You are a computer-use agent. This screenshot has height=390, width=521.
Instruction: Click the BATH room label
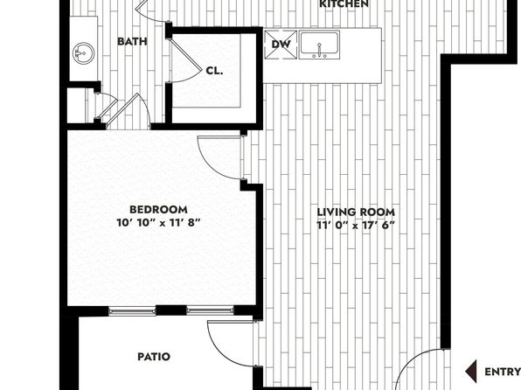pyautogui.click(x=132, y=42)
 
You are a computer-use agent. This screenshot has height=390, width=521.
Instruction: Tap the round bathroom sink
pyautogui.click(x=83, y=53)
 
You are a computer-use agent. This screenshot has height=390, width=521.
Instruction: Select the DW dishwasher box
pyautogui.click(x=281, y=45)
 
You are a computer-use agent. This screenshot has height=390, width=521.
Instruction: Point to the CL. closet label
pyautogui.click(x=214, y=71)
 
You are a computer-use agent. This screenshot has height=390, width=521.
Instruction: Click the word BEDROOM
pyautogui.click(x=158, y=210)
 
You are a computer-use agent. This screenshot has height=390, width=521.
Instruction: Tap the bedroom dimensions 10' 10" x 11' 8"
pyautogui.click(x=159, y=222)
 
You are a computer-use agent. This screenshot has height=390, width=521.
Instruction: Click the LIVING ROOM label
pyautogui.click(x=356, y=212)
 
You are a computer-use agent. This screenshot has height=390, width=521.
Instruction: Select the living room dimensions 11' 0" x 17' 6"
pyautogui.click(x=356, y=225)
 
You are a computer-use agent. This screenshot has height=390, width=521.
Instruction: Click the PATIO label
pyautogui.click(x=154, y=357)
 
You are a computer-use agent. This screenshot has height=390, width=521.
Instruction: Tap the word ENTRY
pyautogui.click(x=503, y=372)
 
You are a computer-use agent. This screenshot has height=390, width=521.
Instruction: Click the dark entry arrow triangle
pyautogui.click(x=471, y=371)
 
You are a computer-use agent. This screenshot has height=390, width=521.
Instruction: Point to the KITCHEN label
pyautogui.click(x=344, y=4)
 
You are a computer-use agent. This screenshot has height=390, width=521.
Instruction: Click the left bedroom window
pyautogui.click(x=132, y=311)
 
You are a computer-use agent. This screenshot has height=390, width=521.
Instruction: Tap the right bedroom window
pyautogui.click(x=210, y=311)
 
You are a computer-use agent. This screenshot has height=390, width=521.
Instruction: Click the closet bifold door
pyautogui.click(x=186, y=59)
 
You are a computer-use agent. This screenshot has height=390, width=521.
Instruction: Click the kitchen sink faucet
pyautogui.click(x=319, y=50)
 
